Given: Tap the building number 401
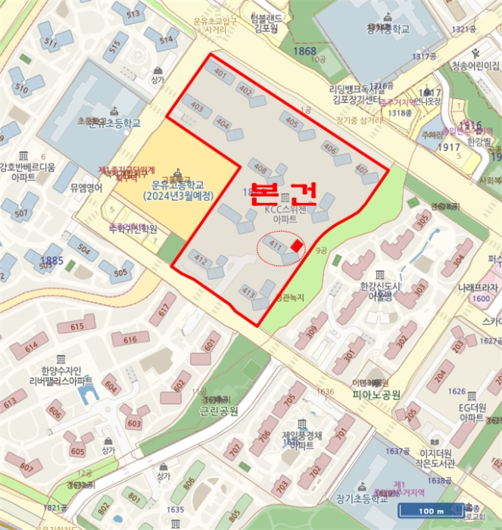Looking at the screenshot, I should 220,73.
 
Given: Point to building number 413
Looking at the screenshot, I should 248,291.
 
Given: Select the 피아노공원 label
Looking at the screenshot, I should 376,394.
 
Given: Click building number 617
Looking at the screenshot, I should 162,311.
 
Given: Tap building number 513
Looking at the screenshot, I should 133,14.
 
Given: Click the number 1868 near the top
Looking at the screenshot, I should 306,51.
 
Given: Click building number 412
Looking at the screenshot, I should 201,260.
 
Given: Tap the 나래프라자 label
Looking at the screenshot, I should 478,288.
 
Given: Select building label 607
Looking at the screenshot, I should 27,467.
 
